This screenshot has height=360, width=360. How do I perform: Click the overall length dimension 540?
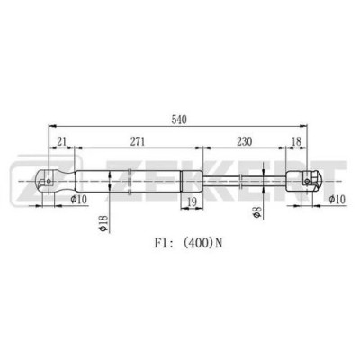(179, 120)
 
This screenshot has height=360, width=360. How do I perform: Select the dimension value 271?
(137, 141)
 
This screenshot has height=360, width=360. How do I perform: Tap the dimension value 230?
(245, 141)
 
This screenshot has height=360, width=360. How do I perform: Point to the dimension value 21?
(61, 141)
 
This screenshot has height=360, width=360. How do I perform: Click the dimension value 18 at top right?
(296, 141)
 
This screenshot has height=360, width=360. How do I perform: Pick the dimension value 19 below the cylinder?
(192, 202)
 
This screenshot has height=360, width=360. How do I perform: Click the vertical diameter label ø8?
(258, 212)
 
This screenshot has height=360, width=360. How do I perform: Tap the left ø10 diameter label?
(78, 199)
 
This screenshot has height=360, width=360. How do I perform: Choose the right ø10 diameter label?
(337, 199)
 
